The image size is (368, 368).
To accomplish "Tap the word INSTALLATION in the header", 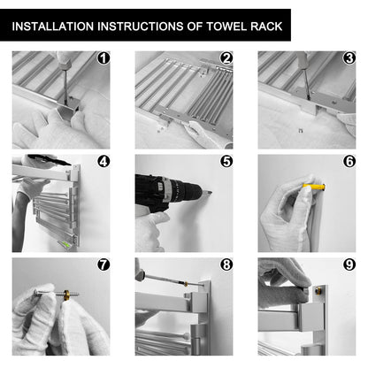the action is (x=53, y=27).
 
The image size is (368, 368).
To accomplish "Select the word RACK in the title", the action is (x=266, y=27).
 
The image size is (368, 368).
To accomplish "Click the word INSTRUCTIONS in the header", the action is (x=141, y=27).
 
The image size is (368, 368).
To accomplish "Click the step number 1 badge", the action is (x=103, y=58).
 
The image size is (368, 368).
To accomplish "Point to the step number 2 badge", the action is (x=226, y=58).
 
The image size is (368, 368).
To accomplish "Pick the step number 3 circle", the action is (x=349, y=58).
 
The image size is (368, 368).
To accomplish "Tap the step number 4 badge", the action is (x=103, y=161).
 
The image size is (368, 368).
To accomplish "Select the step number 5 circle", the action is (x=226, y=161).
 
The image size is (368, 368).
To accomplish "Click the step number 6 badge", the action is (x=349, y=161).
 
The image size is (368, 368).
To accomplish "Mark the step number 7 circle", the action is (x=103, y=264).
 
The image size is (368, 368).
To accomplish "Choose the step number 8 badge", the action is (x=226, y=264).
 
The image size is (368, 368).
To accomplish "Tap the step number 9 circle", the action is (x=349, y=264).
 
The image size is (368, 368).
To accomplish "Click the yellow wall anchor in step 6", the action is (x=314, y=187).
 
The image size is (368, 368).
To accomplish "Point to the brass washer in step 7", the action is (x=66, y=295).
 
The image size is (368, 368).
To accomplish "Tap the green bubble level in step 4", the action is (x=67, y=244).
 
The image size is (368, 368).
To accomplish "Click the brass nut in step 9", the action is (x=318, y=290).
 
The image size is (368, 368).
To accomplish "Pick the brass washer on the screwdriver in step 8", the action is (x=186, y=284).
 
